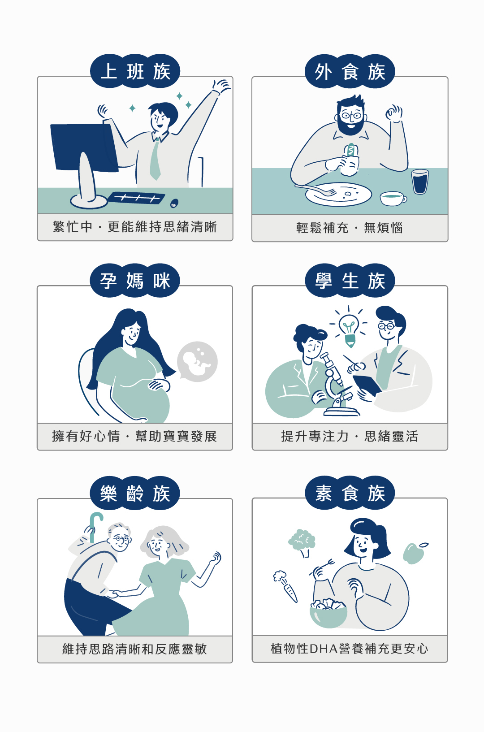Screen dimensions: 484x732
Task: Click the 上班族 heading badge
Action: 135,71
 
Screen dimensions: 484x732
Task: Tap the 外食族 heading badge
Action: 350,72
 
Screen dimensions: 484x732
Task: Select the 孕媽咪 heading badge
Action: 135,280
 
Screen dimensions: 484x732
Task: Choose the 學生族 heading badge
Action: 350,280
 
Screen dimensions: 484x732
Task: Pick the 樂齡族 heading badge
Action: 135,493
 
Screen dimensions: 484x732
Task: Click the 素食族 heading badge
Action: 350,493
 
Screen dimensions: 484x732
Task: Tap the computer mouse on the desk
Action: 174,203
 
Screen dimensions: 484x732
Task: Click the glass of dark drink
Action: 420,182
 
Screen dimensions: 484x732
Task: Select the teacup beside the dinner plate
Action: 393,199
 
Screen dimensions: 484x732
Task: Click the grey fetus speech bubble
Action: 197,361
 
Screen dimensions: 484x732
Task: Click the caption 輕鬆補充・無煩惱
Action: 350,228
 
